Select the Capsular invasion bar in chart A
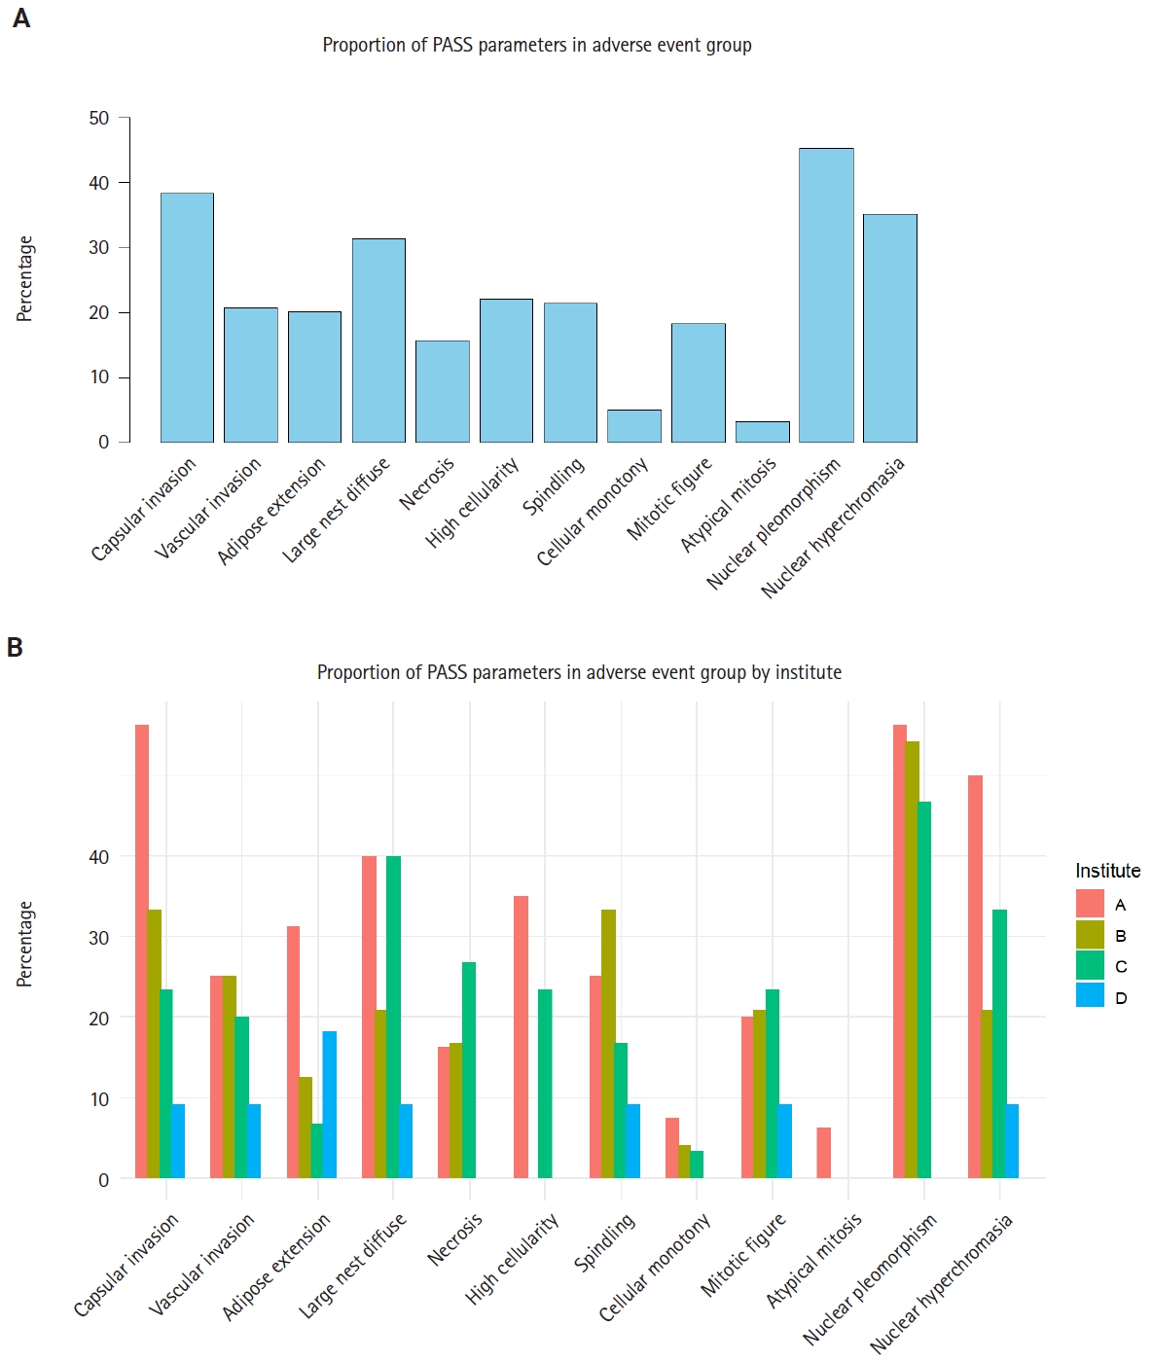tap(187, 317)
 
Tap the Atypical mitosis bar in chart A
tap(762, 432)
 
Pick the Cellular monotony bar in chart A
tap(634, 426)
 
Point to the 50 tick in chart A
tap(99, 118)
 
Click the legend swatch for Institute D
tap(1090, 996)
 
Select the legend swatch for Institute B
tap(1090, 935)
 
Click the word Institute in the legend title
tap(1107, 871)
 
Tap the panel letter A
tap(21, 18)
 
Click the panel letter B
tap(15, 647)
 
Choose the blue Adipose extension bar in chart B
tap(330, 1104)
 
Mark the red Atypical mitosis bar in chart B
tap(824, 1153)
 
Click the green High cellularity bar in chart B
tap(545, 1084)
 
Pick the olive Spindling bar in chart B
tap(608, 1044)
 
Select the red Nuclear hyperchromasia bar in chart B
tap(975, 977)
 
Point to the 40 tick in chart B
tap(99, 857)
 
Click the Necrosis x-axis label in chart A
tap(427, 484)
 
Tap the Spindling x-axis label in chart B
tap(604, 1242)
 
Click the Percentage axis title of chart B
tap(25, 944)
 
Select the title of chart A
tap(537, 45)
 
